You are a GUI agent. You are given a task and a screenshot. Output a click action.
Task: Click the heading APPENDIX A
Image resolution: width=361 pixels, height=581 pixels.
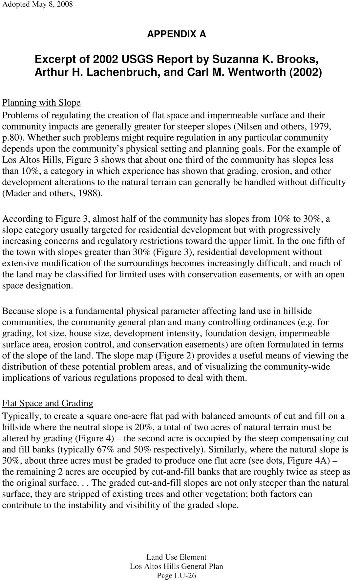(177, 34)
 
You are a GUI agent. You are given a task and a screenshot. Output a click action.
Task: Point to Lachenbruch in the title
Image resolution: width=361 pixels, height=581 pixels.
(122, 72)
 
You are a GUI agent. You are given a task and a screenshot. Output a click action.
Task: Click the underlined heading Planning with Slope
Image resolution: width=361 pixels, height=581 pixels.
(41, 103)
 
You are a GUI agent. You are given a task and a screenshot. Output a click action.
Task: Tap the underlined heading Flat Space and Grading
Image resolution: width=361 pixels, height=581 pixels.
(48, 403)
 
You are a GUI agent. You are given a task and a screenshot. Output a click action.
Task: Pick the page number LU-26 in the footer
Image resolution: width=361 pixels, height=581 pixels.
(185, 575)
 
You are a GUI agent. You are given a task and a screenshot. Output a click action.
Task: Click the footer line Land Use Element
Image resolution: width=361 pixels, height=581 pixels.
(177, 557)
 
